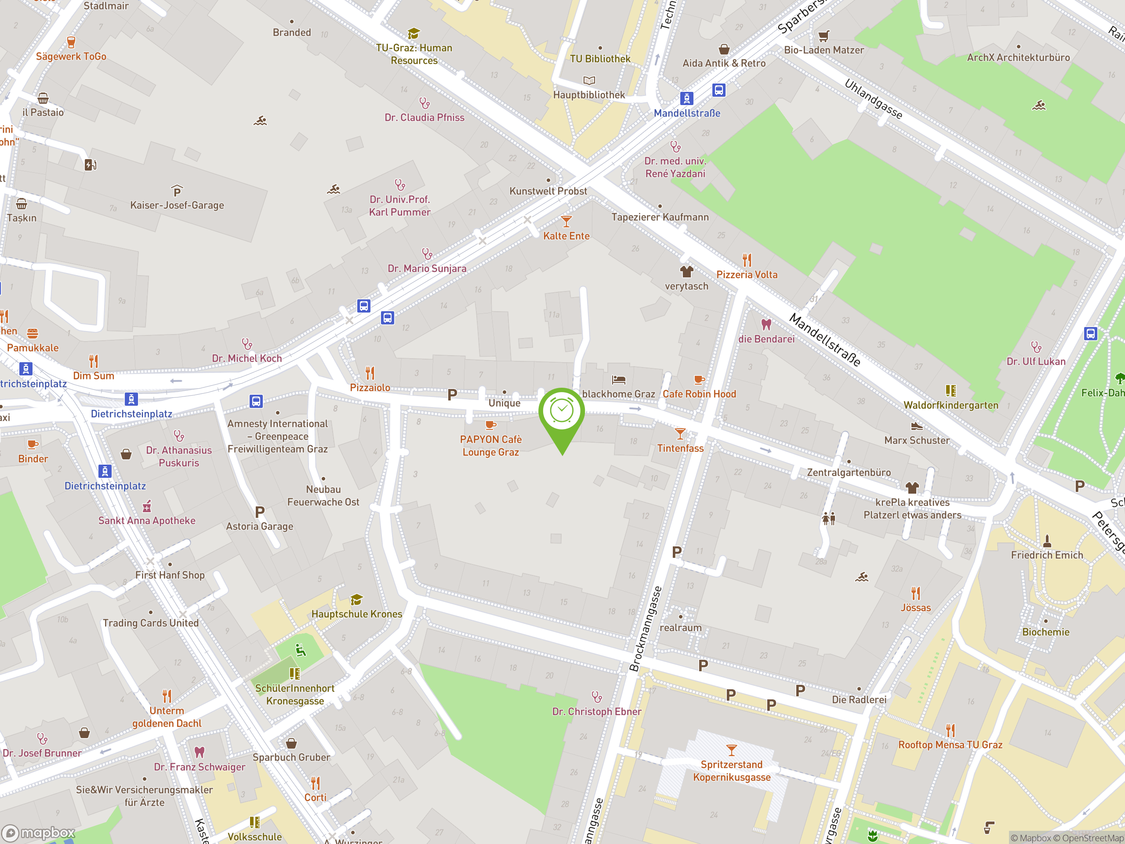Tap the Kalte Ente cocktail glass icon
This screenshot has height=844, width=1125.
click(x=566, y=221)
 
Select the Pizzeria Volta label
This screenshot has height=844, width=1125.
click(x=747, y=275)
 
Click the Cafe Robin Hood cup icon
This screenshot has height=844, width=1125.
click(x=699, y=379)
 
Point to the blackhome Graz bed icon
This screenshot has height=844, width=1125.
click(x=618, y=379)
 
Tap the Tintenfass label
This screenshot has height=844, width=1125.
click(x=680, y=448)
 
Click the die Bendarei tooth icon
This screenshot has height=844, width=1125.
click(x=766, y=324)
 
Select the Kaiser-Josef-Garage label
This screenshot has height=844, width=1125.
click(x=177, y=205)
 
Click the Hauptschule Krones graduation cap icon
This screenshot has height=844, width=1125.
click(x=356, y=599)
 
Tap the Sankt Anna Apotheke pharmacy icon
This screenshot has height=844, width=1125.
click(x=147, y=506)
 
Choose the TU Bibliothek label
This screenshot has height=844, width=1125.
click(x=600, y=58)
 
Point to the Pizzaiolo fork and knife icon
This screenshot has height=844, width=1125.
click(x=370, y=373)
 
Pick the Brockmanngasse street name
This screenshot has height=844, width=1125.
click(x=645, y=629)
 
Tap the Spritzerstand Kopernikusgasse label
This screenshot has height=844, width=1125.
click(x=731, y=771)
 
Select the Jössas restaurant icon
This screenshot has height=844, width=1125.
click(x=915, y=593)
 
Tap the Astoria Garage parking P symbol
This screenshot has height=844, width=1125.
click(x=260, y=512)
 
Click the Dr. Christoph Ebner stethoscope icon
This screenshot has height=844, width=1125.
click(x=597, y=696)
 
